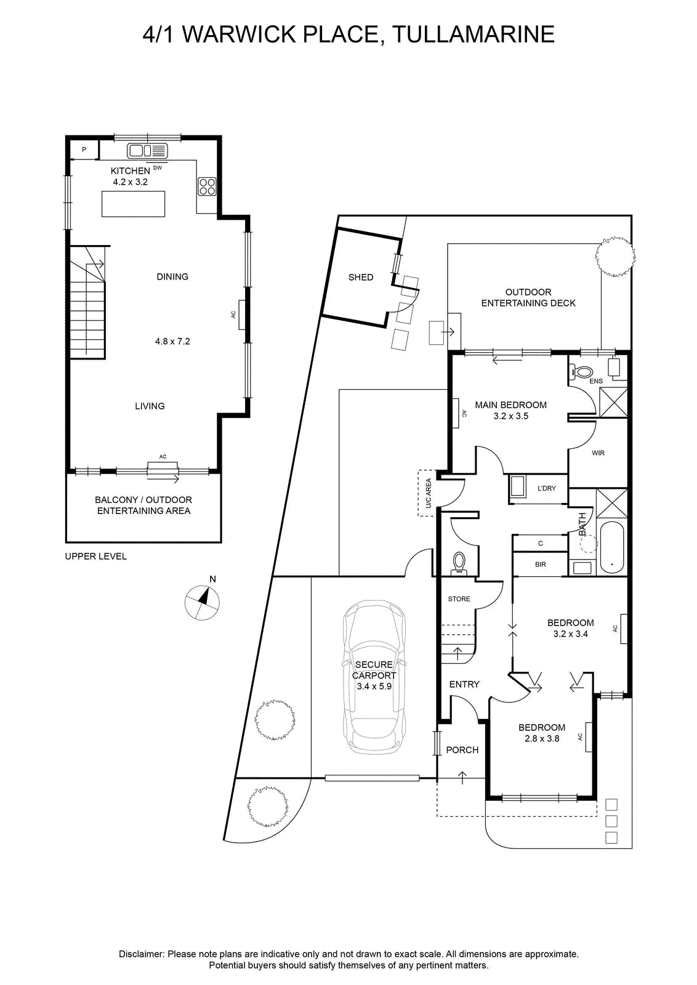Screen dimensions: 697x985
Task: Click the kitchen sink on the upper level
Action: tap(148, 151)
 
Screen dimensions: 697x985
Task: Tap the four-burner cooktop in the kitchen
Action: tap(207, 186)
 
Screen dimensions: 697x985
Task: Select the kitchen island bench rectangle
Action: tap(133, 204)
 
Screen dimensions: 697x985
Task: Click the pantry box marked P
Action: tap(84, 150)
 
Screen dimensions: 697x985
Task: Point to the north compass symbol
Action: tap(203, 603)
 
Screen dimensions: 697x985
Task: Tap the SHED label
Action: tap(361, 277)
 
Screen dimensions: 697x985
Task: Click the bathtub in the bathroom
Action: tap(611, 547)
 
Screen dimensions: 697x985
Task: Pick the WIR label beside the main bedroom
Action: tap(598, 453)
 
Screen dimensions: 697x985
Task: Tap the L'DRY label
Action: tap(547, 488)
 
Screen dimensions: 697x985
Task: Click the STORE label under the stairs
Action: tap(459, 599)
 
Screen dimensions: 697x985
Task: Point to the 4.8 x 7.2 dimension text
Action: tap(172, 341)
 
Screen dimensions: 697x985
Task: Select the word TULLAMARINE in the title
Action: tap(473, 34)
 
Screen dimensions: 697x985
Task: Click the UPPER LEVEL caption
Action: tap(96, 557)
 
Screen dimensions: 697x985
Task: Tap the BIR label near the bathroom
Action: tap(541, 564)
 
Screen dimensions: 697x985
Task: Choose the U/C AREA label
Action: tap(429, 493)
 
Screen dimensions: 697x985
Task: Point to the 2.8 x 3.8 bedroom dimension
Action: tap(542, 739)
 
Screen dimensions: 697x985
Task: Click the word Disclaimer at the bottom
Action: tap(141, 951)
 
